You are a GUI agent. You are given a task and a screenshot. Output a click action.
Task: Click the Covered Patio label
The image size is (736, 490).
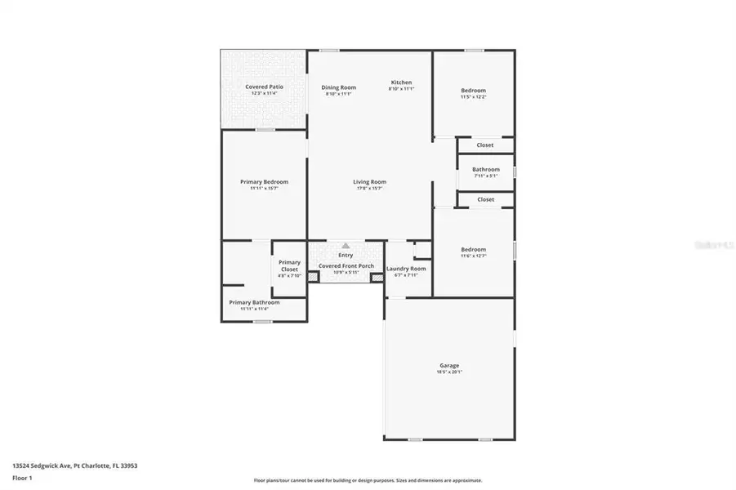[x=264, y=87]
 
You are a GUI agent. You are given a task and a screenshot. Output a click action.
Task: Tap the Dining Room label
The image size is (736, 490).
[x=338, y=87]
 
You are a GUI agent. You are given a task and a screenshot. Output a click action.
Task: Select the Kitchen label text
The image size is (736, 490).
[x=401, y=82]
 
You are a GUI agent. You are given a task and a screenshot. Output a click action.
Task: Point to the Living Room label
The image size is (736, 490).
[x=369, y=182]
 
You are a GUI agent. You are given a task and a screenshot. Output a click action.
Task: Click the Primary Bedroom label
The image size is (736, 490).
[x=264, y=182]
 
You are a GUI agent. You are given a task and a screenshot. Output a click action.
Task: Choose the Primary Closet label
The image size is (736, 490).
[x=290, y=266]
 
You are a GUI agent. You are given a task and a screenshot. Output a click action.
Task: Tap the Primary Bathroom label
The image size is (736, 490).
[x=254, y=302]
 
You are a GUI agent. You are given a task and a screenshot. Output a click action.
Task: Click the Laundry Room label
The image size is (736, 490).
[x=406, y=269]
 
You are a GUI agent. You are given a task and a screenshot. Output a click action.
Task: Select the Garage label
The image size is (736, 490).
[x=448, y=366]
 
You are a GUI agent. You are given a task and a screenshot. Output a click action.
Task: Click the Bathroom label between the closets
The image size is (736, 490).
[x=485, y=170]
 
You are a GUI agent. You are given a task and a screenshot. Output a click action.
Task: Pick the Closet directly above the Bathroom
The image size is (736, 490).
[x=485, y=145]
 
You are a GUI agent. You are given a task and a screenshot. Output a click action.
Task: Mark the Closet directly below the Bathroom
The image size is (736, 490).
[x=485, y=199]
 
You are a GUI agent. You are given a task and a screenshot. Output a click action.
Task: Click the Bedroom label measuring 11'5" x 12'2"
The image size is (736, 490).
[x=473, y=91]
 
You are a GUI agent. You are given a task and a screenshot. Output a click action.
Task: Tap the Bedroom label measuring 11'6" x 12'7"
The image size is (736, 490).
[x=473, y=250]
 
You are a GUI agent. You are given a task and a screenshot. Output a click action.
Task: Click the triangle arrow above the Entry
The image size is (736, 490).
[x=346, y=245]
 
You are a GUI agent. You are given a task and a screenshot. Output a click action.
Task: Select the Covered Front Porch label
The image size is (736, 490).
[x=346, y=265]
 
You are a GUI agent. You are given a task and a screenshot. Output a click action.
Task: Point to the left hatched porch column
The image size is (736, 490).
[x=312, y=277]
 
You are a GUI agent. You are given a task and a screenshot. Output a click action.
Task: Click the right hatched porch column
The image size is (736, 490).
[x=377, y=277]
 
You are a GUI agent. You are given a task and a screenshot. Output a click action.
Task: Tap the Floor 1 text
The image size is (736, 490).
[x=22, y=478]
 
